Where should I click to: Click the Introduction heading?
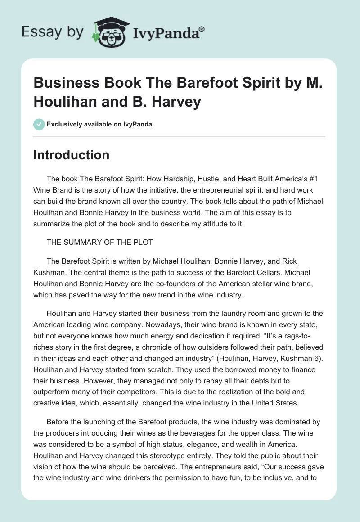coord(72,155)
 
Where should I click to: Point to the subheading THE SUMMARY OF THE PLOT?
coord(100,242)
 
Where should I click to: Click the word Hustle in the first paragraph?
coord(195,179)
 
